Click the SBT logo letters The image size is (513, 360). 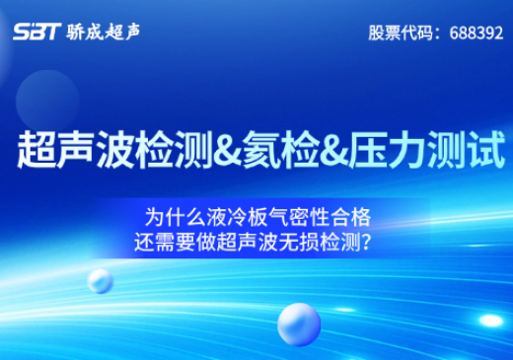tap(37, 32)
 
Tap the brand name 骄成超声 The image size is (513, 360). tap(104, 33)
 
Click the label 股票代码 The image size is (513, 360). tap(401, 33)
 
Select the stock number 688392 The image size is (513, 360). tap(476, 33)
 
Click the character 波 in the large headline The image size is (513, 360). tap(115, 150)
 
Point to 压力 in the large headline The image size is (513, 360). tap(388, 150)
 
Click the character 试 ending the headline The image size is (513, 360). tap(486, 150)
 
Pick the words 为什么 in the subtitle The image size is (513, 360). tap(176, 217)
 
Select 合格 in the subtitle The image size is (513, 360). tap(351, 217)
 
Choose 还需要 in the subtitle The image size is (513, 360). tap(165, 243)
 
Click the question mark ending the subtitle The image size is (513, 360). tap(367, 243)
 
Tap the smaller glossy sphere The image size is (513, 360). tap(101, 281)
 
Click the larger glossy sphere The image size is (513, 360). tap(299, 324)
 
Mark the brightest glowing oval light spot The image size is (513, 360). tap(491, 321)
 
